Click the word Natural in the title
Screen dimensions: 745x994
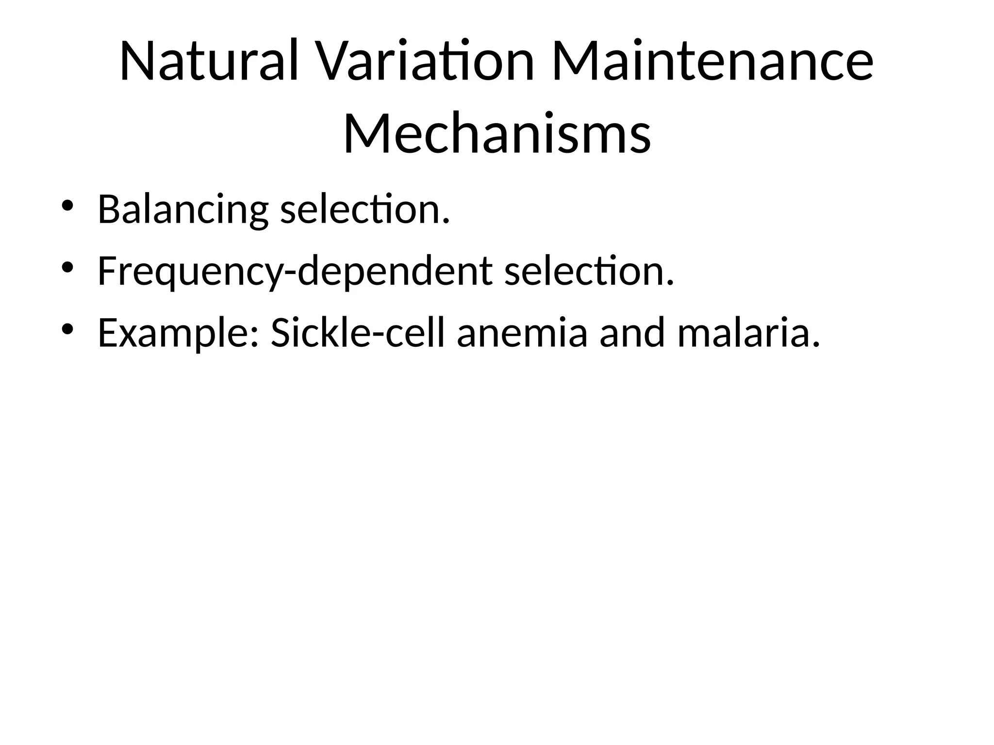click(209, 62)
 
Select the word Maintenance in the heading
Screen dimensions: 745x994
click(712, 62)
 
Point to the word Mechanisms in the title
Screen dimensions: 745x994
click(497, 133)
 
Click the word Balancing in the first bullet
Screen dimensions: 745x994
click(182, 210)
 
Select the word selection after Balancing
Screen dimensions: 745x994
click(365, 210)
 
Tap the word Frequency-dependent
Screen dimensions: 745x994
click(295, 272)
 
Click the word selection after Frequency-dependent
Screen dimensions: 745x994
click(589, 272)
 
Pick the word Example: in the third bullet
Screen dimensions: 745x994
click(178, 334)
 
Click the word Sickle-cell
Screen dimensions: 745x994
click(357, 334)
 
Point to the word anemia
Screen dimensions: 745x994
click(522, 334)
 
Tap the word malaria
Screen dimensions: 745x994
click(748, 334)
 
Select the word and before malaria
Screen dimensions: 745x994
click(631, 334)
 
